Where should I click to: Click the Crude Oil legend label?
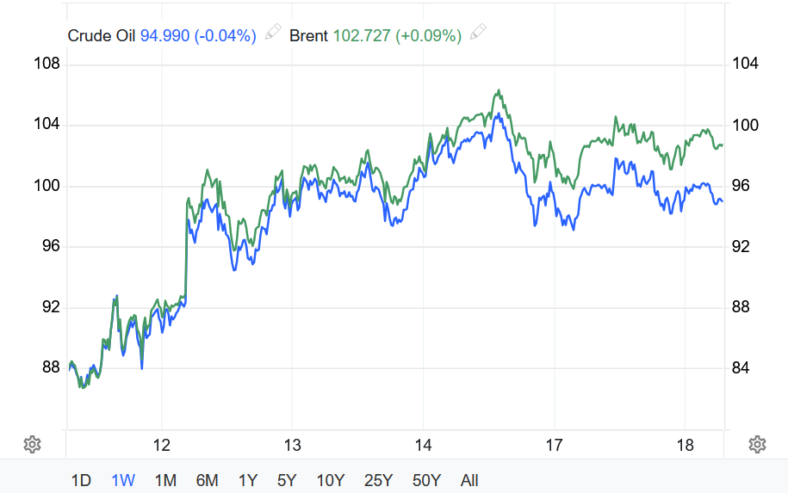point(102,35)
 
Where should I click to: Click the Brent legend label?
point(308,35)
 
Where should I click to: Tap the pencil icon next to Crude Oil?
point(273,34)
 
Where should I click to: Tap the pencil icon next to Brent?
point(479,34)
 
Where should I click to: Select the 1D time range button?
point(81,480)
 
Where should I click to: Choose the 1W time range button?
point(123,480)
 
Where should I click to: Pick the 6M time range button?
point(207,480)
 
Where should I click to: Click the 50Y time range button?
point(426,480)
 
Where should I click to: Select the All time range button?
point(469,480)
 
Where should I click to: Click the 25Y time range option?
point(378,480)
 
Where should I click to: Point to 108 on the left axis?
point(47,65)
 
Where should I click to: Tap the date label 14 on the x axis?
point(422,445)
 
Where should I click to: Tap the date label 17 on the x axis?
point(554,445)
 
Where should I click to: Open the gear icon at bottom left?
point(32,444)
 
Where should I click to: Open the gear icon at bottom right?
point(758,444)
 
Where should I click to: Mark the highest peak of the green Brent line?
point(499,89)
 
